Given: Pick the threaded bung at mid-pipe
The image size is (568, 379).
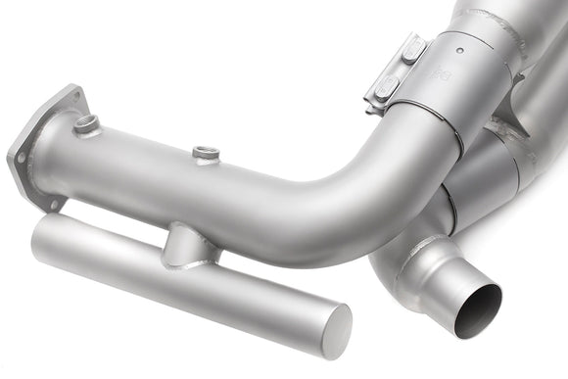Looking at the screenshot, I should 205,153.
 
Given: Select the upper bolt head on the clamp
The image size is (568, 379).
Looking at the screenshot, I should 412,48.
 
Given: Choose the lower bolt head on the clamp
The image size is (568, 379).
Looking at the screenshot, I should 388,84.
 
